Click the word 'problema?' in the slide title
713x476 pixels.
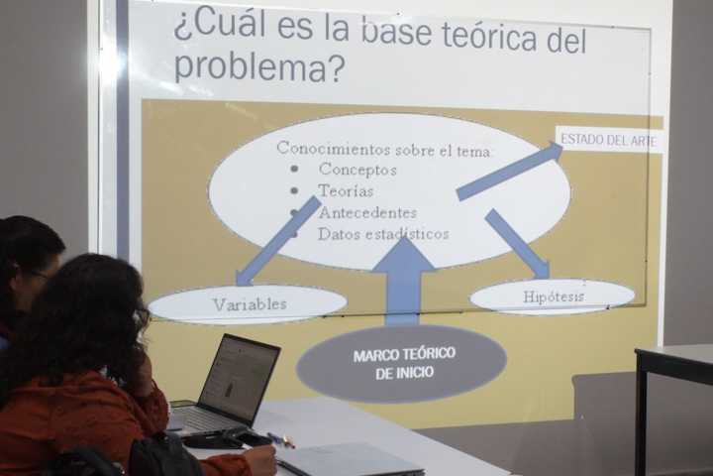click(258, 66)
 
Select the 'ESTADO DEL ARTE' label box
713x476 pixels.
click(608, 140)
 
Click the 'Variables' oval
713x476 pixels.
click(249, 303)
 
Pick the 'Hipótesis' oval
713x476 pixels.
click(553, 297)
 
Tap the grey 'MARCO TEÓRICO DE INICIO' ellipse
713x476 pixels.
click(402, 363)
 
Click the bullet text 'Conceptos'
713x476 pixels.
click(357, 170)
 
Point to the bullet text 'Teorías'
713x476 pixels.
click(346, 190)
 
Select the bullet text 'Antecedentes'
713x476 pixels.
click(367, 212)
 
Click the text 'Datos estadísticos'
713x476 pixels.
click(383, 234)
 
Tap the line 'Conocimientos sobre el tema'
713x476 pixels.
click(383, 149)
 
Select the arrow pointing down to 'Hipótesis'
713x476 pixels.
click(518, 244)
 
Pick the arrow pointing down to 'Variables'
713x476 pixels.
click(278, 241)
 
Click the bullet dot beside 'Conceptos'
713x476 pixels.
click(294, 169)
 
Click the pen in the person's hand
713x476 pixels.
click(280, 439)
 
